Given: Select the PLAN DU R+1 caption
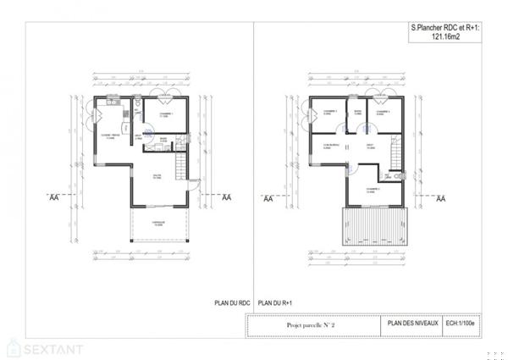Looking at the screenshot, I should tap(275, 301).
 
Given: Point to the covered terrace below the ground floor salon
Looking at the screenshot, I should tap(157, 224).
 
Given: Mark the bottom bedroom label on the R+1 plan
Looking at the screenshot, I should tap(372, 190).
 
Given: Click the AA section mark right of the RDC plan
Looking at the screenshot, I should tap(226, 197).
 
